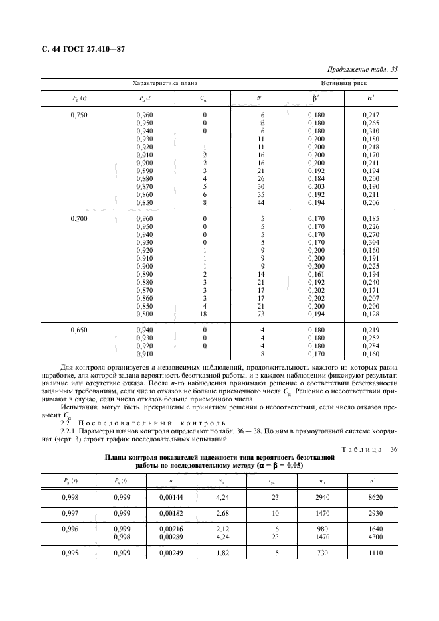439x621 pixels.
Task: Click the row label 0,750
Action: tap(79, 115)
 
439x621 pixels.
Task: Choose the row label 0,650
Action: tap(79, 329)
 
